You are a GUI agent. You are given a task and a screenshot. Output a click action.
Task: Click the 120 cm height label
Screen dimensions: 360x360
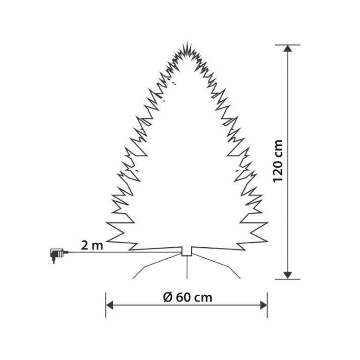278,161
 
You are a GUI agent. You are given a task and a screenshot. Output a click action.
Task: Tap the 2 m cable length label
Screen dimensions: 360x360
92,245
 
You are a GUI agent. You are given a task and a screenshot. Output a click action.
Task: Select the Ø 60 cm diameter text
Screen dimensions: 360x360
186,297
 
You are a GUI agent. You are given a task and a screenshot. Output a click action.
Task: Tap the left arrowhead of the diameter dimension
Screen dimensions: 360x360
109,305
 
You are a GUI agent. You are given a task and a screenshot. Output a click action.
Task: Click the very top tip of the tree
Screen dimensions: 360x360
186,43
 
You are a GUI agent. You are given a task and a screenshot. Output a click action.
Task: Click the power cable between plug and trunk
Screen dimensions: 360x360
123,252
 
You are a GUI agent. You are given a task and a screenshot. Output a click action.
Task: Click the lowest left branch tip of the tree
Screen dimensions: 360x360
106,224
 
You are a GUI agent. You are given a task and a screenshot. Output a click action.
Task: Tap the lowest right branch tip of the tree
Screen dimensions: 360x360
268,223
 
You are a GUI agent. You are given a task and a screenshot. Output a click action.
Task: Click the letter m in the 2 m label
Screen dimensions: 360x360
98,245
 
